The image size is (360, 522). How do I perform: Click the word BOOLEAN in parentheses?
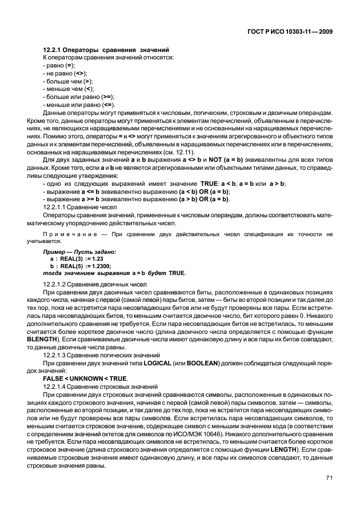click(206, 363)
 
